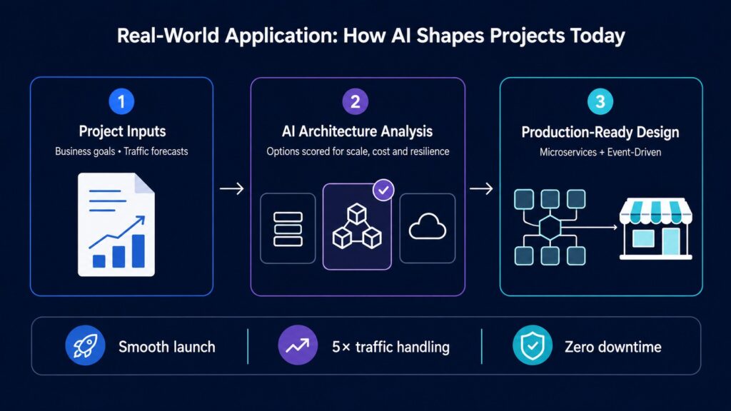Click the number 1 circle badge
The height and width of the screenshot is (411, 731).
click(121, 101)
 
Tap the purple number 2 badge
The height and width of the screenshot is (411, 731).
click(356, 101)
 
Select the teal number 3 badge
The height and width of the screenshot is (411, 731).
click(600, 101)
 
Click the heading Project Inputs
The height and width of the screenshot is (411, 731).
click(122, 131)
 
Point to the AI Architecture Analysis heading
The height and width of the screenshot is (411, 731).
click(357, 131)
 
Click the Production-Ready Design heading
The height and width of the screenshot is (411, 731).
click(600, 132)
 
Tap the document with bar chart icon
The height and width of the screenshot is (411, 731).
click(116, 225)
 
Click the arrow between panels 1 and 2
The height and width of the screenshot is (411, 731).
click(232, 188)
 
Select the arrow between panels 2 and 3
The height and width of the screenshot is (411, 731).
click(481, 188)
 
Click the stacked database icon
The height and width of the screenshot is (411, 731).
click(288, 229)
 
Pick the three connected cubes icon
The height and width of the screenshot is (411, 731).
click(357, 226)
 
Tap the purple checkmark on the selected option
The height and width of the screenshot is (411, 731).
click(383, 190)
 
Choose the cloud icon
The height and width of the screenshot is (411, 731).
click(428, 226)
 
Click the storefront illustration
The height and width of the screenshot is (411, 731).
click(655, 228)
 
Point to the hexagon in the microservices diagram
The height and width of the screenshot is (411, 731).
click(550, 228)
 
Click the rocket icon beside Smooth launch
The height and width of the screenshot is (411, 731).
click(85, 345)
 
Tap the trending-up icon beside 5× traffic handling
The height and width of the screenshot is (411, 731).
click(298, 345)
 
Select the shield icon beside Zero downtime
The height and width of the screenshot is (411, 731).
click(533, 345)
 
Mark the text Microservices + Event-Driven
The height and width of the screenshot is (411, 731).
click(600, 153)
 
